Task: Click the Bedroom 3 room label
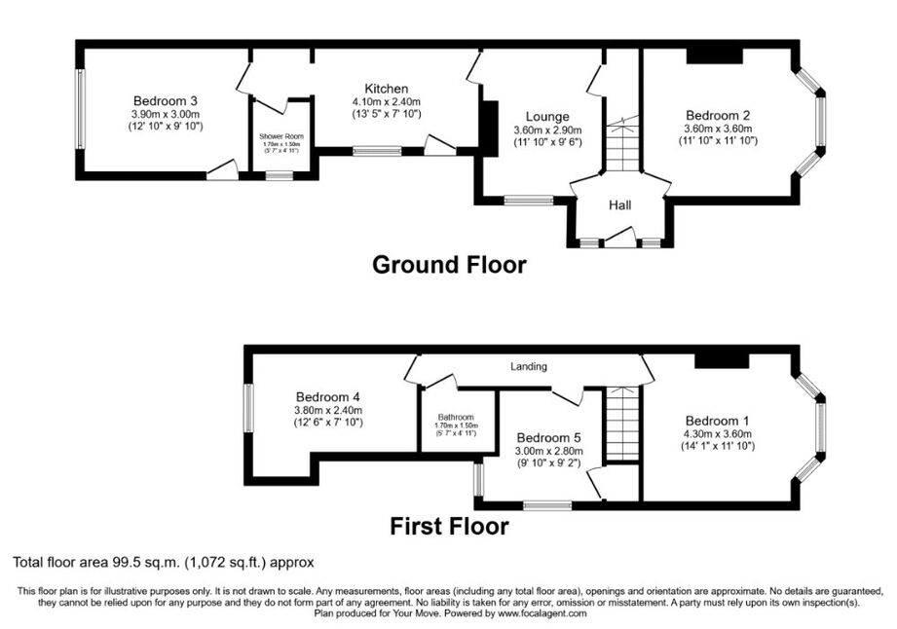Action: [166, 101]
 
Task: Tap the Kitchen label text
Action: [387, 89]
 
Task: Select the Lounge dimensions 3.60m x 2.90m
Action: [547, 130]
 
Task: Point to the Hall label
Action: [620, 204]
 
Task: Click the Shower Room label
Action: [281, 136]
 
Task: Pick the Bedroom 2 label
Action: [718, 116]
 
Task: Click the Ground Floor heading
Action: [449, 265]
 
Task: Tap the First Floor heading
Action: [449, 526]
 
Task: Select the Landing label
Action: [529, 366]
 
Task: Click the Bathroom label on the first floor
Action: [456, 418]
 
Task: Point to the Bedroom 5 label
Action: [549, 438]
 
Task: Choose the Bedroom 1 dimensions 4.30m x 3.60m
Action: [718, 434]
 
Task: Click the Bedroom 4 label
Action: [328, 397]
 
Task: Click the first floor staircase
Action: [621, 424]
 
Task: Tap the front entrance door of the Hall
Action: [620, 238]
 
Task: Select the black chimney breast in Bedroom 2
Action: [715, 56]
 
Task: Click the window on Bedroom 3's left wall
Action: [81, 109]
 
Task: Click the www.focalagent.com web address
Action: [542, 613]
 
